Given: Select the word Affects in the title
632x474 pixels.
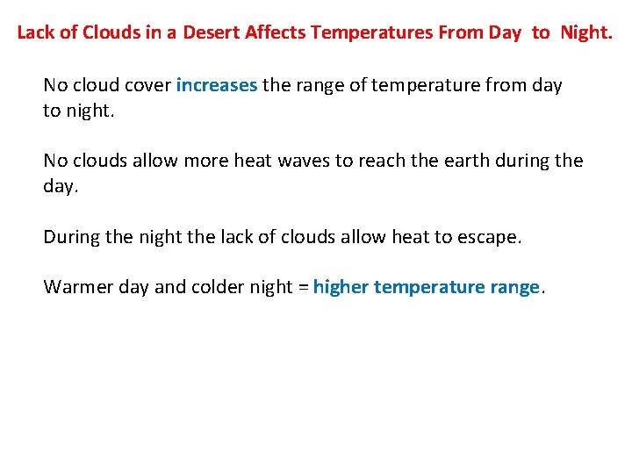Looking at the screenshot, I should click(x=274, y=33).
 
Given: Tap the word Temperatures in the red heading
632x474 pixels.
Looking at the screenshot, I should click(x=366, y=33).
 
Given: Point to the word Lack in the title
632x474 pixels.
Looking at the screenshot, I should click(x=34, y=33).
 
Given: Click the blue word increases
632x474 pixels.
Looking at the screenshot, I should click(x=217, y=85).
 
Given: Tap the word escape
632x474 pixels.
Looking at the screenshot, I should click(x=489, y=237).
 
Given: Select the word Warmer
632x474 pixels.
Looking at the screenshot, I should click(x=73, y=287).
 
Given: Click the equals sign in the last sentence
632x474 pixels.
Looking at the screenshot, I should click(x=304, y=287).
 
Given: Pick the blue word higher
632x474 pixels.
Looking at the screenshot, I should click(x=341, y=287).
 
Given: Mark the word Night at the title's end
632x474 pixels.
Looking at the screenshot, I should click(x=586, y=33).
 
